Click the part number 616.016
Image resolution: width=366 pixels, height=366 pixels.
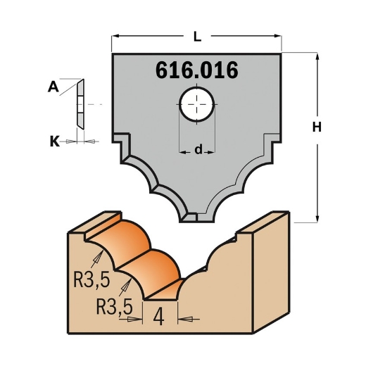pos(195,71)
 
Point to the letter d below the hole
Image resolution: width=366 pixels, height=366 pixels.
pos(198,149)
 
